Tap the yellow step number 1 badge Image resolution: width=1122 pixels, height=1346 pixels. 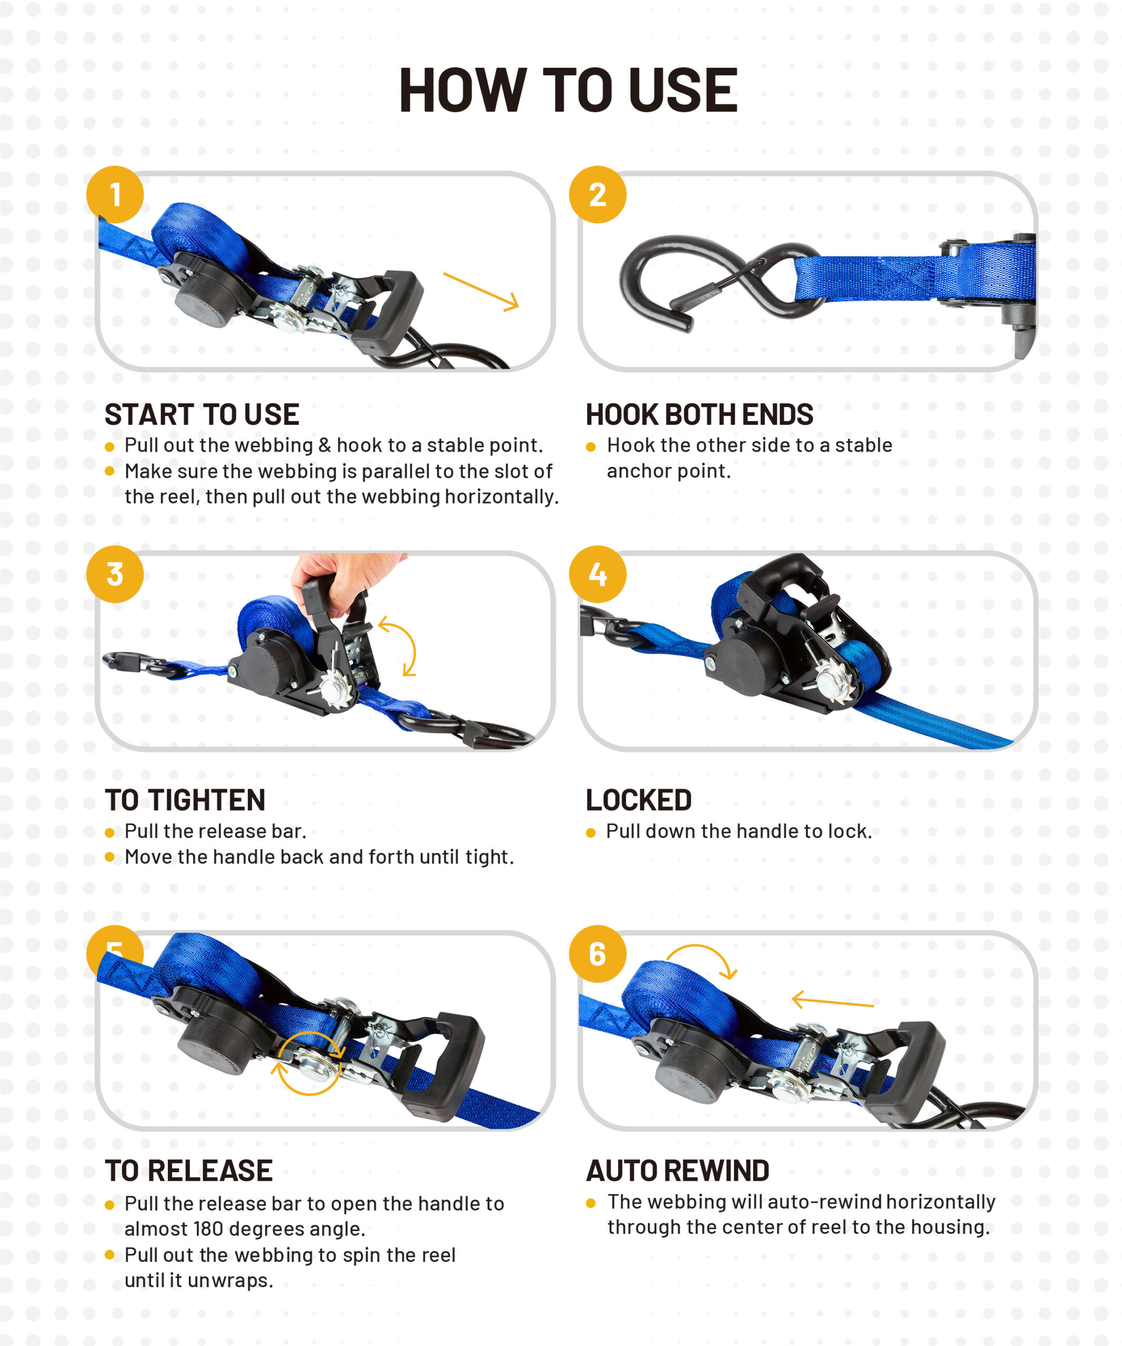pyautogui.click(x=115, y=194)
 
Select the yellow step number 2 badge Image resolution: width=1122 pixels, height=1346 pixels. pyautogui.click(x=598, y=194)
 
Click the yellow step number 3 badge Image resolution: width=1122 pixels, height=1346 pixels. pyautogui.click(x=115, y=574)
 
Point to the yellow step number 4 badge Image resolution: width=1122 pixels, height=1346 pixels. pyautogui.click(x=598, y=574)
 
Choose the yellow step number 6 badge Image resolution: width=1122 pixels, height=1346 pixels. pyautogui.click(x=598, y=953)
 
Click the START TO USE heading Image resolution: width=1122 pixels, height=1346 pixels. pyautogui.click(x=202, y=415)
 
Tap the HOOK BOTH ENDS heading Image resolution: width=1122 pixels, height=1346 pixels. pyautogui.click(x=700, y=415)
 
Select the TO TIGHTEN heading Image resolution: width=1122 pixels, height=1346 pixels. pyautogui.click(x=185, y=800)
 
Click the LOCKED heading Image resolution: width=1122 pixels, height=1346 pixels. pyautogui.click(x=639, y=800)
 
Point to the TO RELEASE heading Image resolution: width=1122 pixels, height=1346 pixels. pyautogui.click(x=189, y=1170)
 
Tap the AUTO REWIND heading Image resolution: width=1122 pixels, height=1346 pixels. pyautogui.click(x=678, y=1170)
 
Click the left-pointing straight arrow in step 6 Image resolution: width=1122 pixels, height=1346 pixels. pyautogui.click(x=832, y=1002)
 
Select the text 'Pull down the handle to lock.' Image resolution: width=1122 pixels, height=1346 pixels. pyautogui.click(x=739, y=831)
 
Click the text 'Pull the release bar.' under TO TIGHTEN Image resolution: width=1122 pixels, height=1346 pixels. pyautogui.click(x=216, y=831)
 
